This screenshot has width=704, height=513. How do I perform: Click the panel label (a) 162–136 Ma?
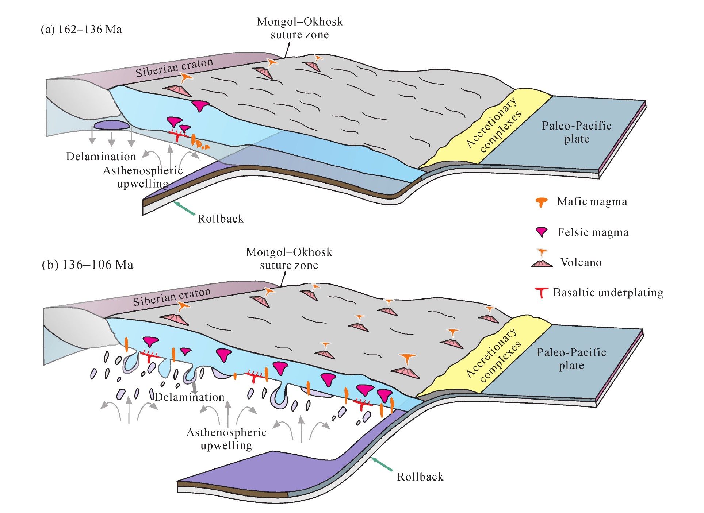click(x=81, y=30)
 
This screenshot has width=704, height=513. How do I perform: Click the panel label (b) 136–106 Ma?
click(x=88, y=265)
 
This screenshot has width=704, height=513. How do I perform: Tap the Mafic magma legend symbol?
click(x=541, y=202)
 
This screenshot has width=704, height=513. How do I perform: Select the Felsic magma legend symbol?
click(x=542, y=232)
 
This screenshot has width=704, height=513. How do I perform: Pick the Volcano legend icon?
click(x=542, y=259)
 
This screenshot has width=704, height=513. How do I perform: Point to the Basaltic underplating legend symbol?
click(x=541, y=292)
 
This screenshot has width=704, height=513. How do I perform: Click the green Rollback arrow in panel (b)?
click(x=382, y=464)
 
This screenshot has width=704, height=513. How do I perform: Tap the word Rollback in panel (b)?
click(x=420, y=477)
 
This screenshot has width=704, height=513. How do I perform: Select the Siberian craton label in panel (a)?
click(x=174, y=67)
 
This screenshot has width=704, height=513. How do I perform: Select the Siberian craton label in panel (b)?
click(x=172, y=297)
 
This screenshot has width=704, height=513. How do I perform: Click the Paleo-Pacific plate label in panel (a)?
click(x=577, y=132)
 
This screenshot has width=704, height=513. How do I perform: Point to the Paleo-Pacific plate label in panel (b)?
click(x=571, y=359)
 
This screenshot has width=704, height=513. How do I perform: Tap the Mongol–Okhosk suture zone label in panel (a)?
click(x=300, y=28)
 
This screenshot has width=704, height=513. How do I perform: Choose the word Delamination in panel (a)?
click(x=101, y=157)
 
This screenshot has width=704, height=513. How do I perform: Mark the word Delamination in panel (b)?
click(x=190, y=397)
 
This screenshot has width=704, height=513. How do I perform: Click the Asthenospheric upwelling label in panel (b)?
click(x=226, y=439)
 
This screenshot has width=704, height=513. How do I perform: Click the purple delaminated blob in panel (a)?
click(x=112, y=125)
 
